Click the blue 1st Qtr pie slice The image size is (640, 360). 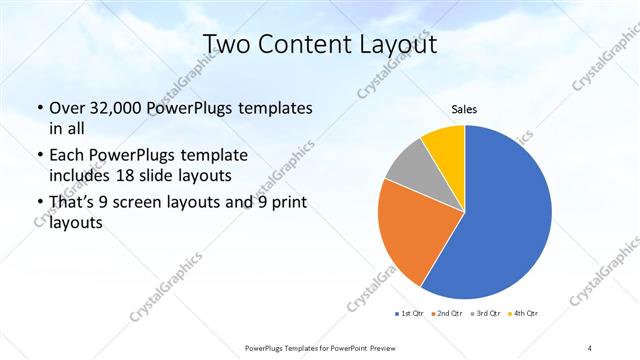[x=500, y=210]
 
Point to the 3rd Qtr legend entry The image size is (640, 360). [x=483, y=315]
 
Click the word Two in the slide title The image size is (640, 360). [x=225, y=45]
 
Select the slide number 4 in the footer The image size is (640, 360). [x=590, y=347]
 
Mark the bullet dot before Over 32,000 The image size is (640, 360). [x=39, y=108]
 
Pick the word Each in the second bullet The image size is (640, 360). [x=68, y=156]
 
